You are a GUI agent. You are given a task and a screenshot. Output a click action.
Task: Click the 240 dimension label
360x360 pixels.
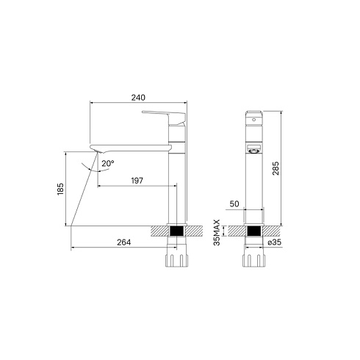click(138, 98)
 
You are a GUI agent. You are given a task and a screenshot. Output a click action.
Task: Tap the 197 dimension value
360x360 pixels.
click(137, 181)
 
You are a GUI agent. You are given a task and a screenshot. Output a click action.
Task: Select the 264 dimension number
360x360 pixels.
click(124, 242)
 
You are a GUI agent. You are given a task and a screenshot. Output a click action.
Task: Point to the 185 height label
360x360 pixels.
click(60, 189)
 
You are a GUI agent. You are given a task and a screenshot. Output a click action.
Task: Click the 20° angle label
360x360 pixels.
click(108, 163)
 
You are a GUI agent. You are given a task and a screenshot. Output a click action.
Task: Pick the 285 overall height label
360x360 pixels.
click(276, 168)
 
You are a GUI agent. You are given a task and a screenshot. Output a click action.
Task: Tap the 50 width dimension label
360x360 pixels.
click(234, 204)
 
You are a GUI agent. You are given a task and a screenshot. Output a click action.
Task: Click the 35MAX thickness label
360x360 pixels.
click(217, 232)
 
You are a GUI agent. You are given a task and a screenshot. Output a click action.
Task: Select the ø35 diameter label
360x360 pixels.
click(275, 242)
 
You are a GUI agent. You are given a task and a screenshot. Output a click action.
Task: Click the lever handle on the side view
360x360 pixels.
click(164, 117)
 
